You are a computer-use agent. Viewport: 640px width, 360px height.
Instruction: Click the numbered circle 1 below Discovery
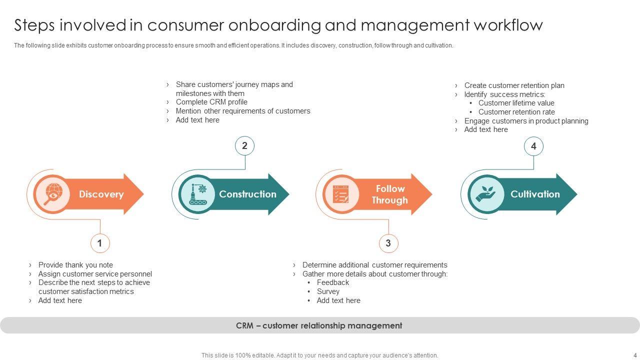coord(100,243)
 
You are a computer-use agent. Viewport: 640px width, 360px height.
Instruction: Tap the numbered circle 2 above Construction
coord(244,146)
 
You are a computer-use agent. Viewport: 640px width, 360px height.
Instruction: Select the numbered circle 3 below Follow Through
coord(388,243)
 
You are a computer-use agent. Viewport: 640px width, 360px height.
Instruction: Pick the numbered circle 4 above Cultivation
coord(533,146)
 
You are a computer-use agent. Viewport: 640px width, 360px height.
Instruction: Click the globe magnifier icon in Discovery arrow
coord(53,194)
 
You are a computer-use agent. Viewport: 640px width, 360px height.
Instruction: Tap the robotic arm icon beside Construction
coord(198,194)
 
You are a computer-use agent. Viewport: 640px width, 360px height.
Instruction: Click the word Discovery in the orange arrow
coord(101,194)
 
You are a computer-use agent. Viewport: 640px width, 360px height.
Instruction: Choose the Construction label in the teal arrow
coord(247,194)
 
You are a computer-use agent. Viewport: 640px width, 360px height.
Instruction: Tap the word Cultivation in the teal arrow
coord(535,194)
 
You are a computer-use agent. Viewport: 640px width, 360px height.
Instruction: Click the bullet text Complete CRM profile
coord(211,102)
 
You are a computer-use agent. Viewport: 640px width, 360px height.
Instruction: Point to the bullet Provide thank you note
coord(75,265)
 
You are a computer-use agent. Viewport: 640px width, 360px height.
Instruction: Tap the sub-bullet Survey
coord(328,291)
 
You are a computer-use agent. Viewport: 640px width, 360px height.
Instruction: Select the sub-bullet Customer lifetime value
coord(516,103)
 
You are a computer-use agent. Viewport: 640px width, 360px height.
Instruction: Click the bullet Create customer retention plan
coord(514,85)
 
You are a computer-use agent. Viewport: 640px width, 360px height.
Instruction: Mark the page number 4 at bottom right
coord(635,355)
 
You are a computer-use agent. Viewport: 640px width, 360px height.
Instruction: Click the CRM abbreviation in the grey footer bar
coord(244,325)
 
